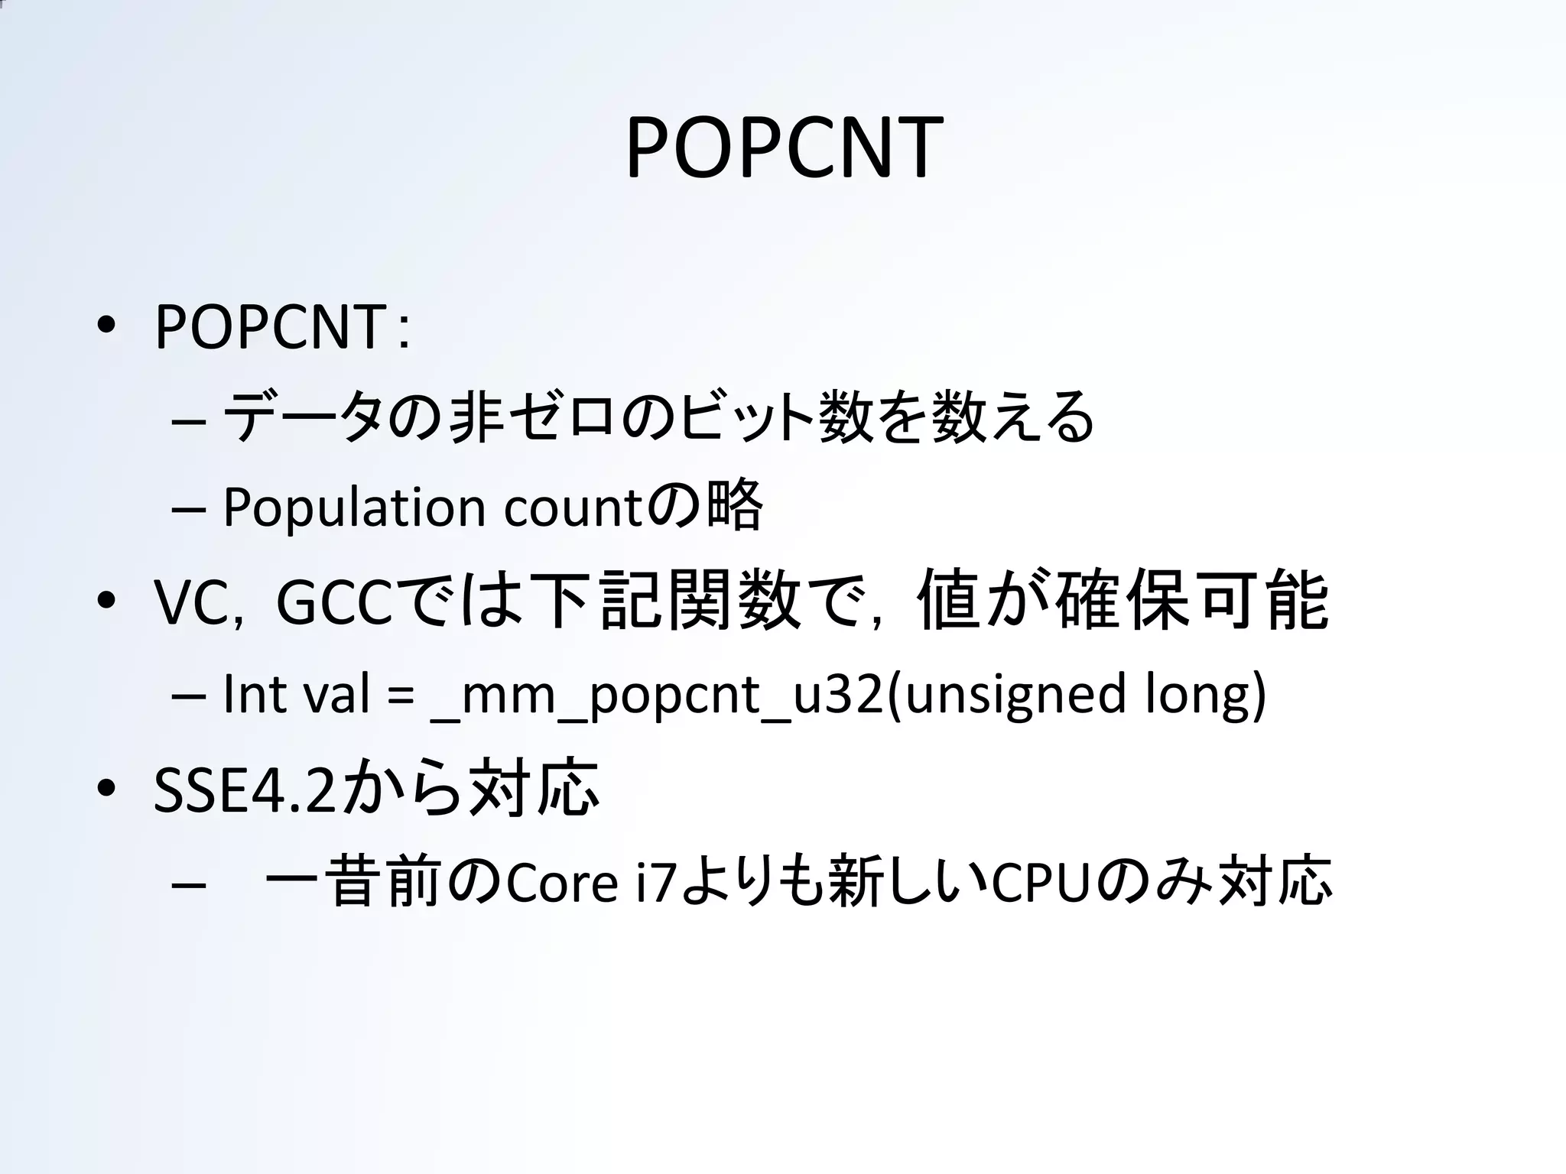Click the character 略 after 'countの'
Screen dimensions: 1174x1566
pyautogui.click(x=734, y=505)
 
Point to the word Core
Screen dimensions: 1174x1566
pyautogui.click(x=561, y=884)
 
